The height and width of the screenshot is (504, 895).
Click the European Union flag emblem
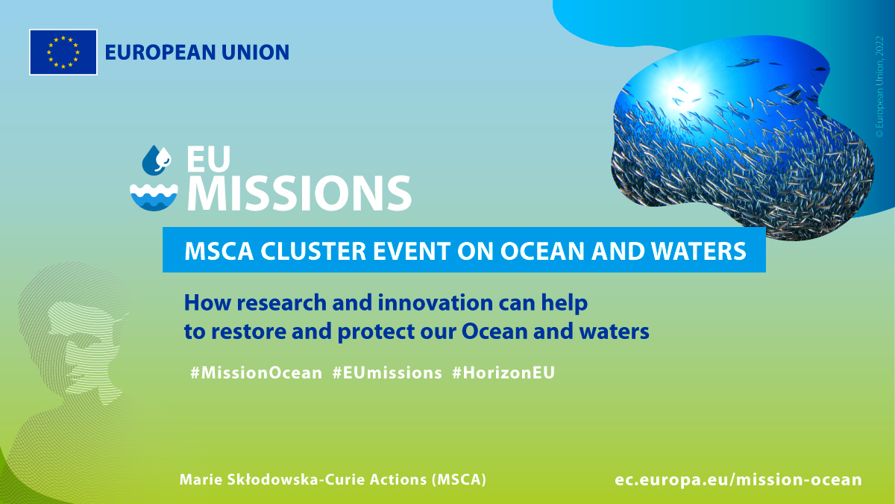click(63, 52)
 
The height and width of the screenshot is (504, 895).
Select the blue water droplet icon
click(157, 160)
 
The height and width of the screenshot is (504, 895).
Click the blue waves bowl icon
click(154, 197)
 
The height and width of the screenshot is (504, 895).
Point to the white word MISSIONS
click(299, 193)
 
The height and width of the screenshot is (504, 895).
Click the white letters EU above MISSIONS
click(209, 159)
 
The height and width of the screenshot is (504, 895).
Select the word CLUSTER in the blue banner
click(313, 251)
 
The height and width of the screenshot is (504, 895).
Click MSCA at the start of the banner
click(219, 251)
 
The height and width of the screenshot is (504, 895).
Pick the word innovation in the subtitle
click(435, 302)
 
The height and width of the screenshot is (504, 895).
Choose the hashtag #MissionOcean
click(256, 373)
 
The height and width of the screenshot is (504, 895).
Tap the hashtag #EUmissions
click(387, 373)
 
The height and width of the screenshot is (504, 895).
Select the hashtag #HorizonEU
click(503, 373)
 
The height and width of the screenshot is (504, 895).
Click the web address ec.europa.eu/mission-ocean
click(738, 479)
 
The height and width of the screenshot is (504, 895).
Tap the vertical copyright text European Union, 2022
click(879, 87)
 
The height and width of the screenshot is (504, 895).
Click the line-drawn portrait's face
click(86, 352)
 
